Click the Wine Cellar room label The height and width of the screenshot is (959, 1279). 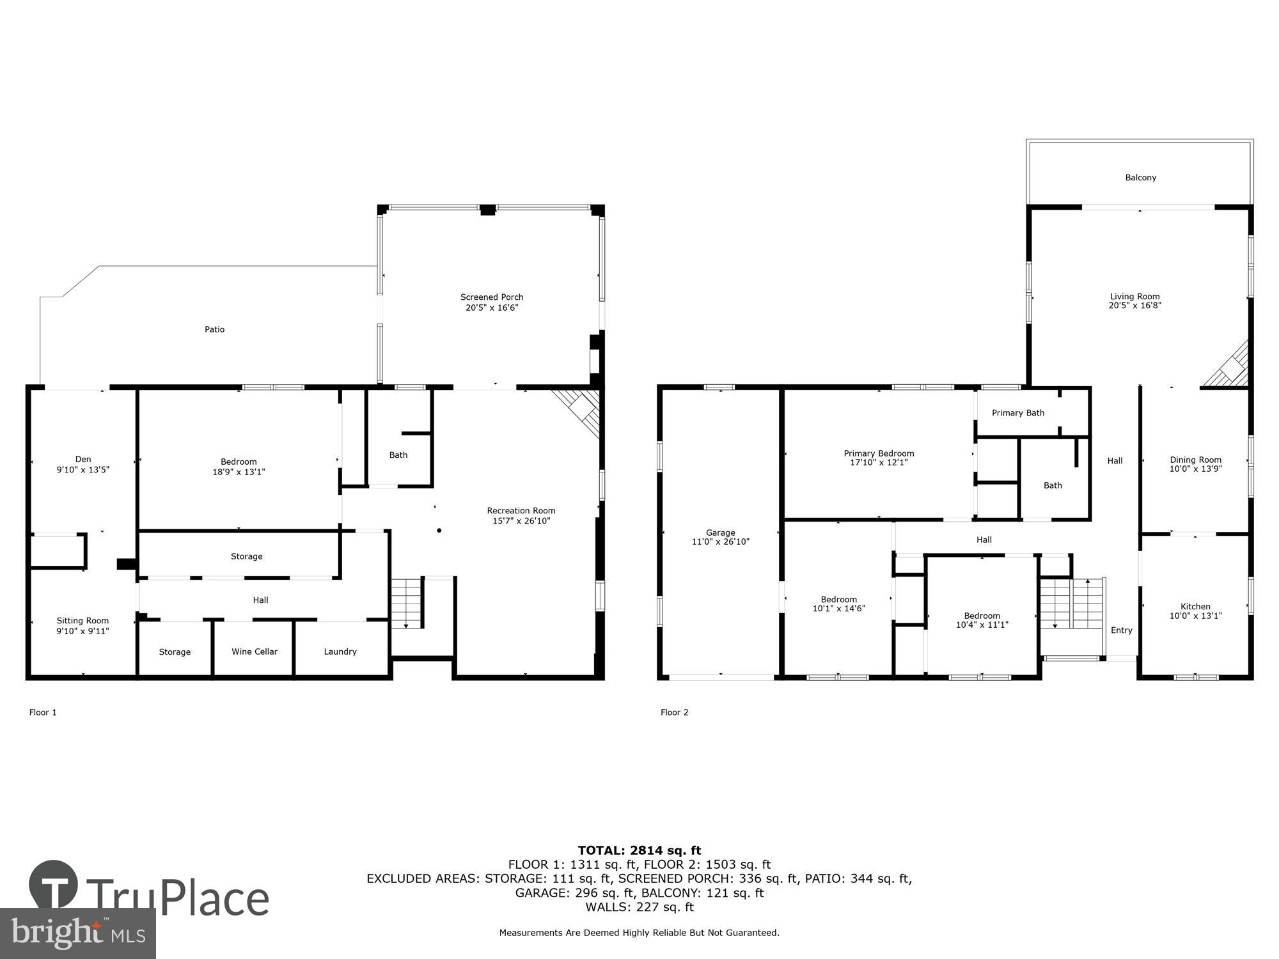coord(255,651)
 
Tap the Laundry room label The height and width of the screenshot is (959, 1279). coord(340,651)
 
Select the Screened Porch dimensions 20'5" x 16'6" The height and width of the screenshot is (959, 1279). coord(492,308)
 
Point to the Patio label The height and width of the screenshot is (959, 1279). coord(215,329)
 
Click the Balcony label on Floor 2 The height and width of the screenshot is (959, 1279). coord(1141,178)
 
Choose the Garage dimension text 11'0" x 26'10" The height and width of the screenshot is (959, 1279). coord(720,542)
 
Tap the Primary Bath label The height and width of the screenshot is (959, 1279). coord(1018,413)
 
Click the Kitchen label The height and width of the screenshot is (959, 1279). coord(1195,607)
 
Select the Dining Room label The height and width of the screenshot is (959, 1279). coord(1195,460)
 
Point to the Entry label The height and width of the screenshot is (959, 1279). coord(1122,630)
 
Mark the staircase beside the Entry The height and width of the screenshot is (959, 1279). coord(1072,604)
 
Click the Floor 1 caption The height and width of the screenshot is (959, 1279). coord(43,712)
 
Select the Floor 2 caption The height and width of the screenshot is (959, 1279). coord(675,712)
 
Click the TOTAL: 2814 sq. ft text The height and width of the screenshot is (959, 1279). coord(639,850)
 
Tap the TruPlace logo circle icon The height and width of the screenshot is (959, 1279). coord(54,885)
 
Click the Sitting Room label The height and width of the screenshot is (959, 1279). coord(82,621)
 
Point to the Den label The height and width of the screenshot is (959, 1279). coord(83,459)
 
